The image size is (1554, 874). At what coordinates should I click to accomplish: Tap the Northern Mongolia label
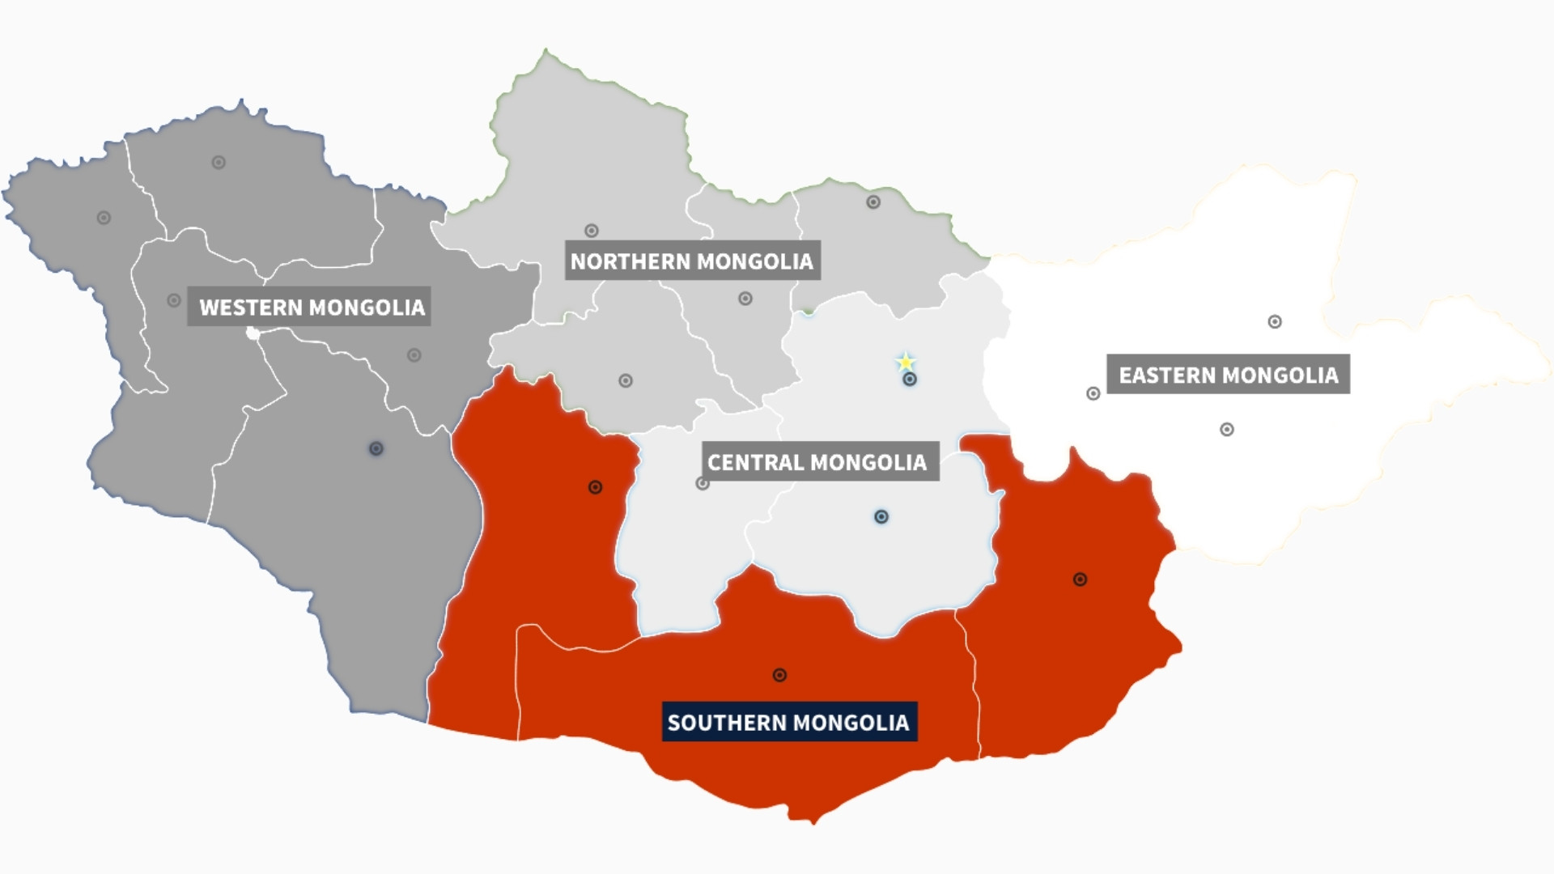coord(692,261)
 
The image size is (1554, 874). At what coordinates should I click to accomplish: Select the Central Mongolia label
coord(817,461)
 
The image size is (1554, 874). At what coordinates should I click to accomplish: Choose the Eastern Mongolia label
coord(1228,375)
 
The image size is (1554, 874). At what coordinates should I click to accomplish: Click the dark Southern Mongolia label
coord(788,722)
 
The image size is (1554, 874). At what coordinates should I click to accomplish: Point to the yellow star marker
coord(906,362)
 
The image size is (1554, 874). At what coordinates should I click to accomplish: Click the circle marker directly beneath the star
coord(910,380)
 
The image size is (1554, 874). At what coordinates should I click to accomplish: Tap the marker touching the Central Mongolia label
coord(703,484)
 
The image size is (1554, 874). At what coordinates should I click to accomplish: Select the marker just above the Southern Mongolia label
coord(779,675)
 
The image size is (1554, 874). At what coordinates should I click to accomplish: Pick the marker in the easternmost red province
coord(1080,579)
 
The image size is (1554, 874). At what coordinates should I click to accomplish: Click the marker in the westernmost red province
coord(595,487)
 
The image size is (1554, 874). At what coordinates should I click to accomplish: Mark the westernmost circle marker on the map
coord(104,218)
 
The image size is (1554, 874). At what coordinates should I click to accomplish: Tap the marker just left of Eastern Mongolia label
coord(1093,394)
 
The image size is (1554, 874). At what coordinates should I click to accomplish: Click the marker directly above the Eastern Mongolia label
coord(1275,322)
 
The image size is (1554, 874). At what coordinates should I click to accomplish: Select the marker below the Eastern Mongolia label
coord(1227,430)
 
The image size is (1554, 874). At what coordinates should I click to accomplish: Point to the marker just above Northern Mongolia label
coord(592,231)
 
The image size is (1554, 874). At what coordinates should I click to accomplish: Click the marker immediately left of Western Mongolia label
coord(174,300)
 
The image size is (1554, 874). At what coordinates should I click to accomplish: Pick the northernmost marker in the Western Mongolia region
coord(219,163)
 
